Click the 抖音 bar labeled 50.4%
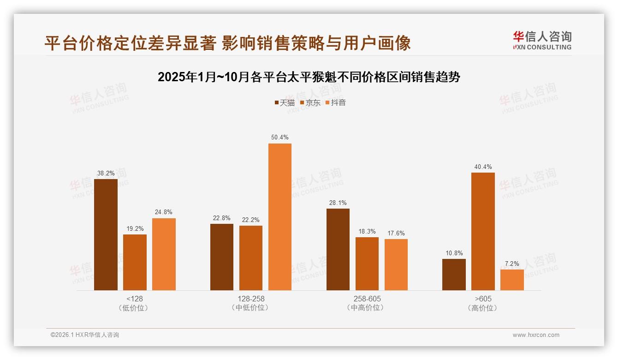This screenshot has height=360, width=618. [279, 217]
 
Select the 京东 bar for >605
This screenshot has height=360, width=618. [483, 231]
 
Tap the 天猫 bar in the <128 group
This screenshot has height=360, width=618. [106, 234]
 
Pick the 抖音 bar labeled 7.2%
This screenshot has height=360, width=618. [512, 280]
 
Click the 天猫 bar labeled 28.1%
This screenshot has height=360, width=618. [338, 249]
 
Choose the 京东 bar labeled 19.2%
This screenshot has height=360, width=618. [135, 262]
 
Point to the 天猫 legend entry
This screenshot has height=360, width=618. [285, 102]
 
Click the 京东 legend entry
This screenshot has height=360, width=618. [310, 102]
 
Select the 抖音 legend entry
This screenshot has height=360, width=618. [336, 102]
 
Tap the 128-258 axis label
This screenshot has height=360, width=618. [251, 299]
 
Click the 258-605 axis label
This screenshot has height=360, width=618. [367, 299]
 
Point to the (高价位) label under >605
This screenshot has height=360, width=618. [483, 308]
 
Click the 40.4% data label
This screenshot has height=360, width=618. [483, 167]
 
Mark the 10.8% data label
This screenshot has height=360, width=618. [454, 253]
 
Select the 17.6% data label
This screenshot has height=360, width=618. [396, 233]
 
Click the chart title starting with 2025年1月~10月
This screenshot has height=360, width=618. [309, 77]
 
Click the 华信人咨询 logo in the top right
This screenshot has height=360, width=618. [542, 40]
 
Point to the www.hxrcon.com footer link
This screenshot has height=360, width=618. [536, 335]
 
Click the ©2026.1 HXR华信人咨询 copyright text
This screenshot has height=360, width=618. [85, 335]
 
